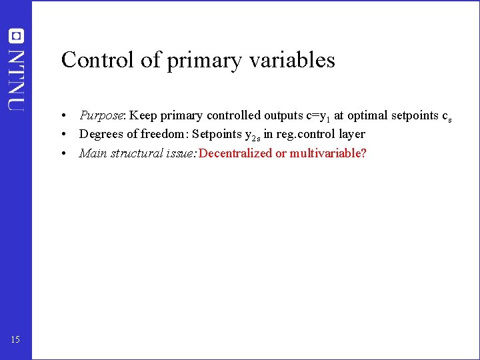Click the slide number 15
pos(15,341)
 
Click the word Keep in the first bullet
pos(143,115)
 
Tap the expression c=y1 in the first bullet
pos(318,116)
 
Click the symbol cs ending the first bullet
pos(447,117)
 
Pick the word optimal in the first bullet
pos(366,116)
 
